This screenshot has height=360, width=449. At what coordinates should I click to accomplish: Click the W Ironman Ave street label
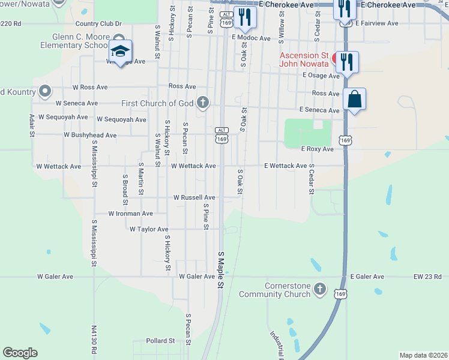130,213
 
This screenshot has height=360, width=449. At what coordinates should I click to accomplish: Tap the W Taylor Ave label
149,229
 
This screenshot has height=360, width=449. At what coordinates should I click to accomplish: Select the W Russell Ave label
194,197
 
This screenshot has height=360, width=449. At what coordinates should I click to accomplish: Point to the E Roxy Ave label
317,149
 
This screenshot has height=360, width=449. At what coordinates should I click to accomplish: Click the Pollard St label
160,341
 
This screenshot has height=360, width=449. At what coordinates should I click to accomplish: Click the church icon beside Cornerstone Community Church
320,289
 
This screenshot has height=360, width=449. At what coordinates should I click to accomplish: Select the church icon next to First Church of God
203,103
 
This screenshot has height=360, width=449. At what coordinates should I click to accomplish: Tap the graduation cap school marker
121,50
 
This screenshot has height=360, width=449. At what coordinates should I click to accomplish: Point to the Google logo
20,353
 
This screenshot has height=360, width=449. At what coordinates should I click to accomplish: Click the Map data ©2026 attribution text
424,355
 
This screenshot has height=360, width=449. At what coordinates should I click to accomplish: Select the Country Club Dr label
98,24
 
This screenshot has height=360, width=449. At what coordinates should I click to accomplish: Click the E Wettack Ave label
286,166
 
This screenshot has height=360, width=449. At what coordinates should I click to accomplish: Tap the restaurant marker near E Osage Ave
347,61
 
